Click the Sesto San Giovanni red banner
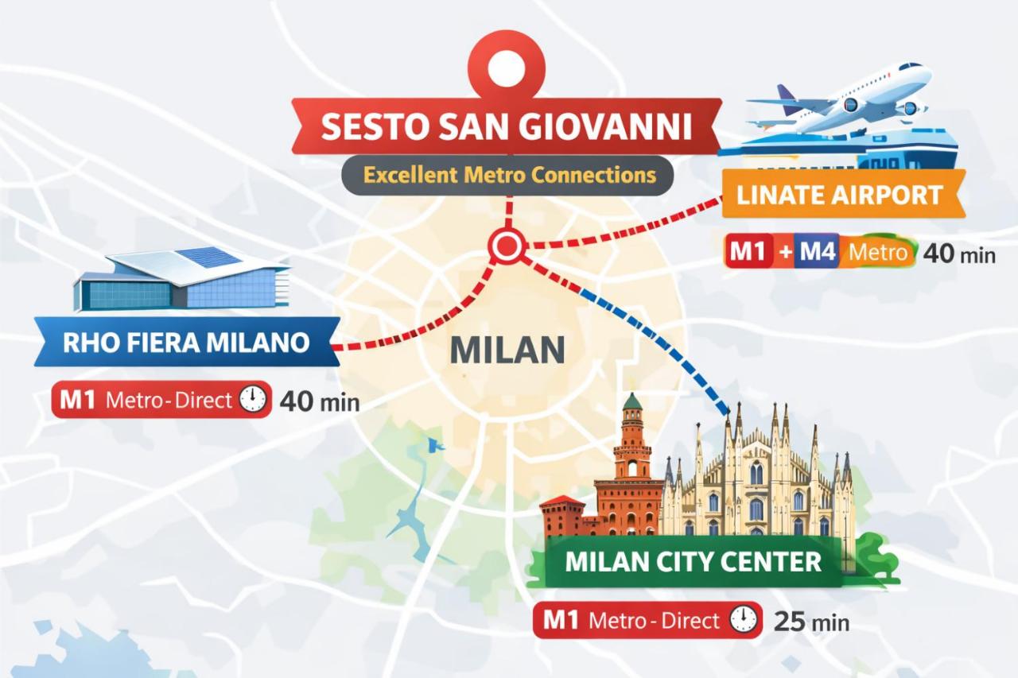pos(507,126)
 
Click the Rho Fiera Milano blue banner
pos(186,343)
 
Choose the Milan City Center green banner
pos(692,561)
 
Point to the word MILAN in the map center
pos(507,350)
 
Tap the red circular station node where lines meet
pos(504,246)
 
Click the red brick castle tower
pos(632,461)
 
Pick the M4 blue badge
pos(816,253)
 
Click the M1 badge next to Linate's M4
pos(748,253)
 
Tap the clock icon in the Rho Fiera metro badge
pos(253,400)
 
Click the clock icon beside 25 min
pos(743,620)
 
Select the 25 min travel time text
pos(811,621)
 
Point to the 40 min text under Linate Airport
pos(958,254)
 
